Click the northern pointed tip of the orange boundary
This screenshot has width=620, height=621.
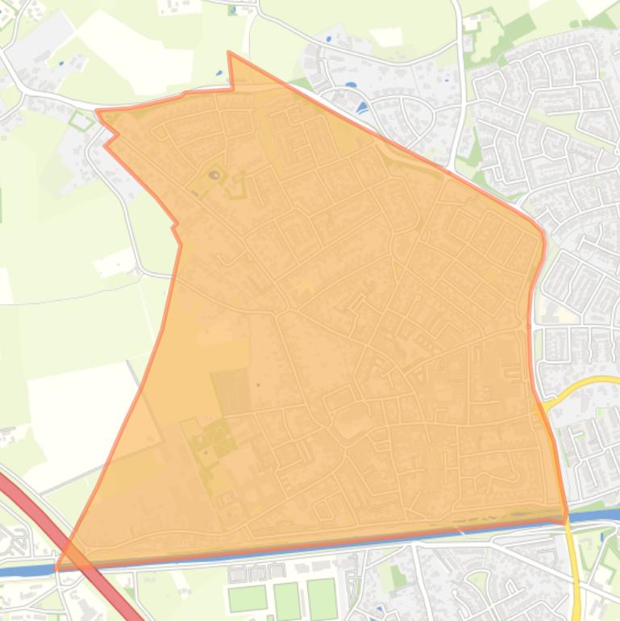pyautogui.click(x=230, y=53)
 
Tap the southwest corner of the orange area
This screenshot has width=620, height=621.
pyautogui.click(x=57, y=568)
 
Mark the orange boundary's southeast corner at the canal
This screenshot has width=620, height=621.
pyautogui.click(x=565, y=520)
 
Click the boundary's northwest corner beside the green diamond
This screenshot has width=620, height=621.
pyautogui.click(x=98, y=112)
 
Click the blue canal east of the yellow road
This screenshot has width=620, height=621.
pyautogui.click(x=597, y=515)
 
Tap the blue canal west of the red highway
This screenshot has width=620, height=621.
pyautogui.click(x=24, y=571)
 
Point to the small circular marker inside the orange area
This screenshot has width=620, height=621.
pyautogui.click(x=214, y=174)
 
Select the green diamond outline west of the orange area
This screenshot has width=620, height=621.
pyautogui.click(x=81, y=122)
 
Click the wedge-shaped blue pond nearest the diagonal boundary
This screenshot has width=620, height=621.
pyautogui.click(x=361, y=106)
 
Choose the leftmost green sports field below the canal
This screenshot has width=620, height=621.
pyautogui.click(x=248, y=599)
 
